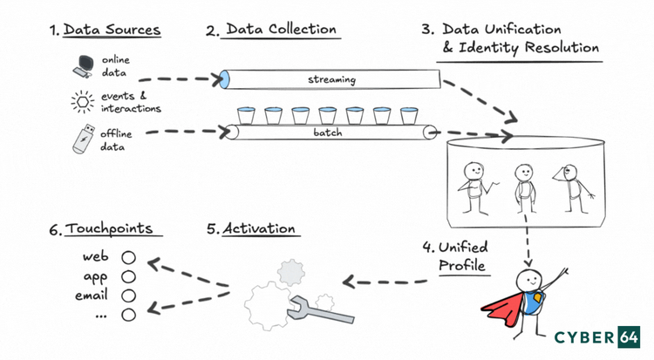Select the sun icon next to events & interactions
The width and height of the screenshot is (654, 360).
82,102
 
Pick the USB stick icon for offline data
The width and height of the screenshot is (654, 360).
82,140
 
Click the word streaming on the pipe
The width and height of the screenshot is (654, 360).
331,80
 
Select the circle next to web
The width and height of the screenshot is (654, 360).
128,258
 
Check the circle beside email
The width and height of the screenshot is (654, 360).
128,295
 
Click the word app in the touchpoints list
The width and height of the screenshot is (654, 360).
95,276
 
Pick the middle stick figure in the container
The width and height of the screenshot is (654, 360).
524,186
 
